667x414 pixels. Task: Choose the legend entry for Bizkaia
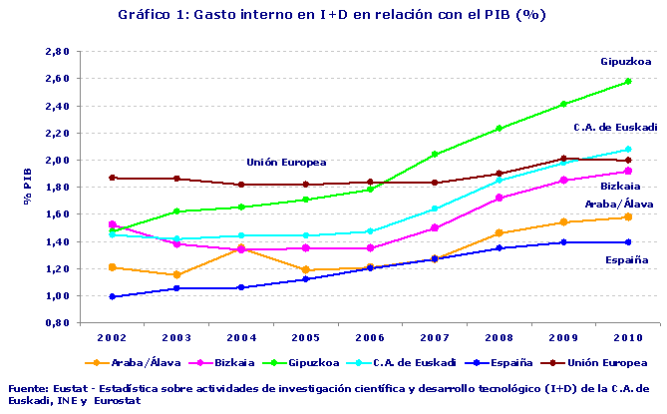tap(229, 363)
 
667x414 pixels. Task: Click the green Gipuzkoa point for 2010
tap(627, 82)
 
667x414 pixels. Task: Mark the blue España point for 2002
tap(113, 296)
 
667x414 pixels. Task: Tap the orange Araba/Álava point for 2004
tap(241, 248)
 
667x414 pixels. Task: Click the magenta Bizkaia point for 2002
tap(113, 224)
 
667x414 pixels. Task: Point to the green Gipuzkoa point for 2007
tap(434, 154)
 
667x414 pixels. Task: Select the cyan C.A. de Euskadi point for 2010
tap(627, 150)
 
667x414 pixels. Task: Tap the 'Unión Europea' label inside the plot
tap(286, 162)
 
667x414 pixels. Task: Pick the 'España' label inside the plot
tap(627, 260)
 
